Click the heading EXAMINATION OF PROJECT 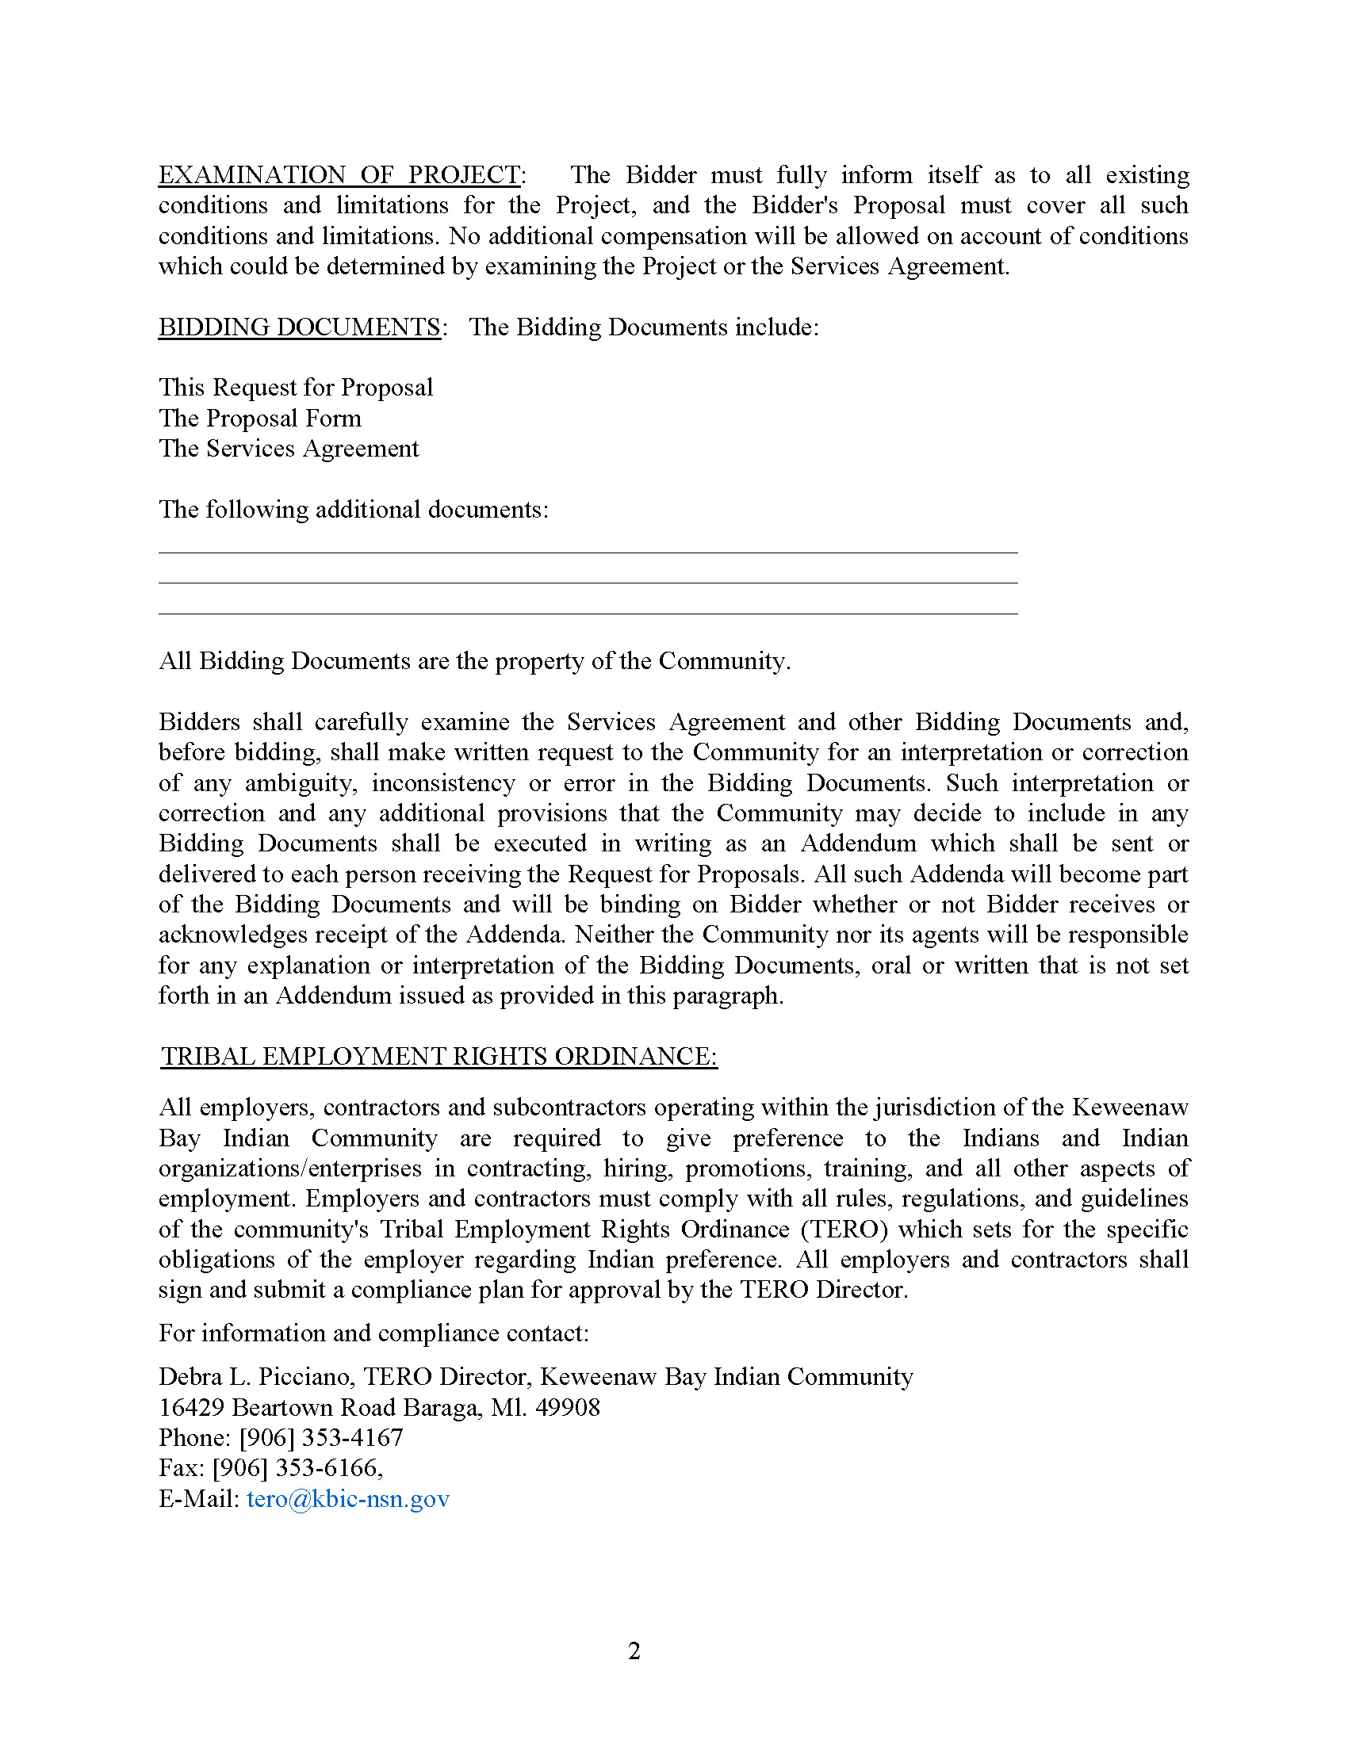(339, 175)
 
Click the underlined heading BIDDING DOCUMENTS (300, 327)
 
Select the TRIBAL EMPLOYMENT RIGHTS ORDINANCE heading (438, 1057)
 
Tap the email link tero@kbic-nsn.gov (348, 1499)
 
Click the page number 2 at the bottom (634, 1650)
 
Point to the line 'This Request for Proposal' (296, 388)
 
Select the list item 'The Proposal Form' (260, 419)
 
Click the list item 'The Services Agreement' (289, 449)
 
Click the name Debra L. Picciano (255, 1378)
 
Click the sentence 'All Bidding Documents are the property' (474, 661)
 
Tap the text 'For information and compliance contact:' (373, 1333)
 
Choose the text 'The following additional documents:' (354, 510)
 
